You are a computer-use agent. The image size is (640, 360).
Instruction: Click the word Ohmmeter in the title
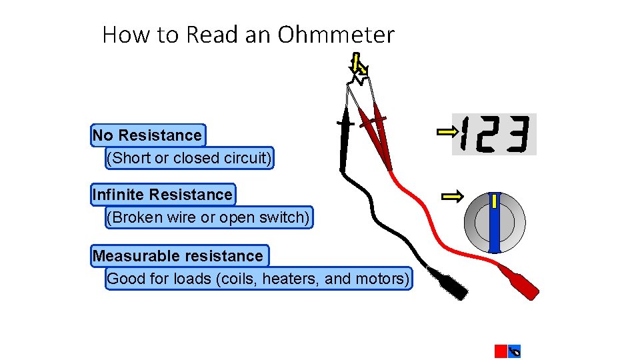pos(336,35)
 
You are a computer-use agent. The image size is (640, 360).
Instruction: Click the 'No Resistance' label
pos(147,135)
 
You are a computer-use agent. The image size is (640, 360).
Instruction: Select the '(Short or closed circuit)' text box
pos(189,159)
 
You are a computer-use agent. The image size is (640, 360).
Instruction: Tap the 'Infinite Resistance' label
pos(163,195)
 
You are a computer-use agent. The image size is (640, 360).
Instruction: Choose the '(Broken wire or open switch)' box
pos(209,218)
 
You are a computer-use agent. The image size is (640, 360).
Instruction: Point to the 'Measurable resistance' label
pos(179,256)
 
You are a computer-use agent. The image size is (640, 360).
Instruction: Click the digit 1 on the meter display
pos(465,134)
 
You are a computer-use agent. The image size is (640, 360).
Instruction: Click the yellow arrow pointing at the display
pos(445,132)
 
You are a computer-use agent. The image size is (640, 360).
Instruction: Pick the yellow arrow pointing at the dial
pos(453,196)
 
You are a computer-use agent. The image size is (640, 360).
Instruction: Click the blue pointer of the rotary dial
pos(495,223)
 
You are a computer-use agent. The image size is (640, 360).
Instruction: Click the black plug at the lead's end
pos(448,283)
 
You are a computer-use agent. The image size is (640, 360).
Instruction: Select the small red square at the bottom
pos(501,351)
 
